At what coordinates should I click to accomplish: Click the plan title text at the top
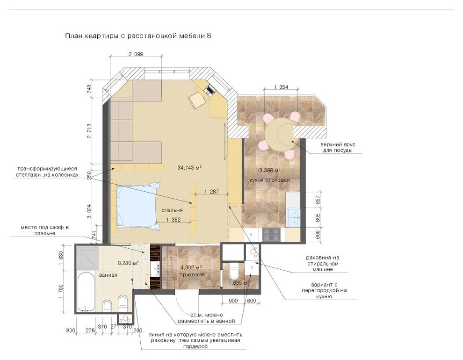tap(138, 36)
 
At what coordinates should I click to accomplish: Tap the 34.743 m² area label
tap(189, 167)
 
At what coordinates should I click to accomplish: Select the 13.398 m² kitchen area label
tap(268, 170)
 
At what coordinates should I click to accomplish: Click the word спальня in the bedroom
tap(172, 210)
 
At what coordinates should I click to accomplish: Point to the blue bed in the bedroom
tap(137, 205)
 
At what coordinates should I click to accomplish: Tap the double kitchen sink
tap(294, 218)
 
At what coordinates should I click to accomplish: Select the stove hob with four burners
tap(271, 235)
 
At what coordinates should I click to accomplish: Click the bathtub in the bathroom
tap(85, 292)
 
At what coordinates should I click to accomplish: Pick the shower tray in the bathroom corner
tap(87, 258)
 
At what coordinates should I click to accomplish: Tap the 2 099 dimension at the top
tap(136, 54)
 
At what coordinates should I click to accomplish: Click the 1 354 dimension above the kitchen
tap(281, 87)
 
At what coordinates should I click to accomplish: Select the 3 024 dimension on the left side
tap(89, 211)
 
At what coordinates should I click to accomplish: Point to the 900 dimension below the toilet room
tap(233, 301)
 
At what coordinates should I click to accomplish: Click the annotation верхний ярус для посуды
tap(338, 147)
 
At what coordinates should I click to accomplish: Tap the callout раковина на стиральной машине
tap(322, 264)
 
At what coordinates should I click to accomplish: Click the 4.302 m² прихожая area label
tap(192, 271)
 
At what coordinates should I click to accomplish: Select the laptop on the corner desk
tap(210, 90)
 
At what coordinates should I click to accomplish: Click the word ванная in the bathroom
tap(108, 275)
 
